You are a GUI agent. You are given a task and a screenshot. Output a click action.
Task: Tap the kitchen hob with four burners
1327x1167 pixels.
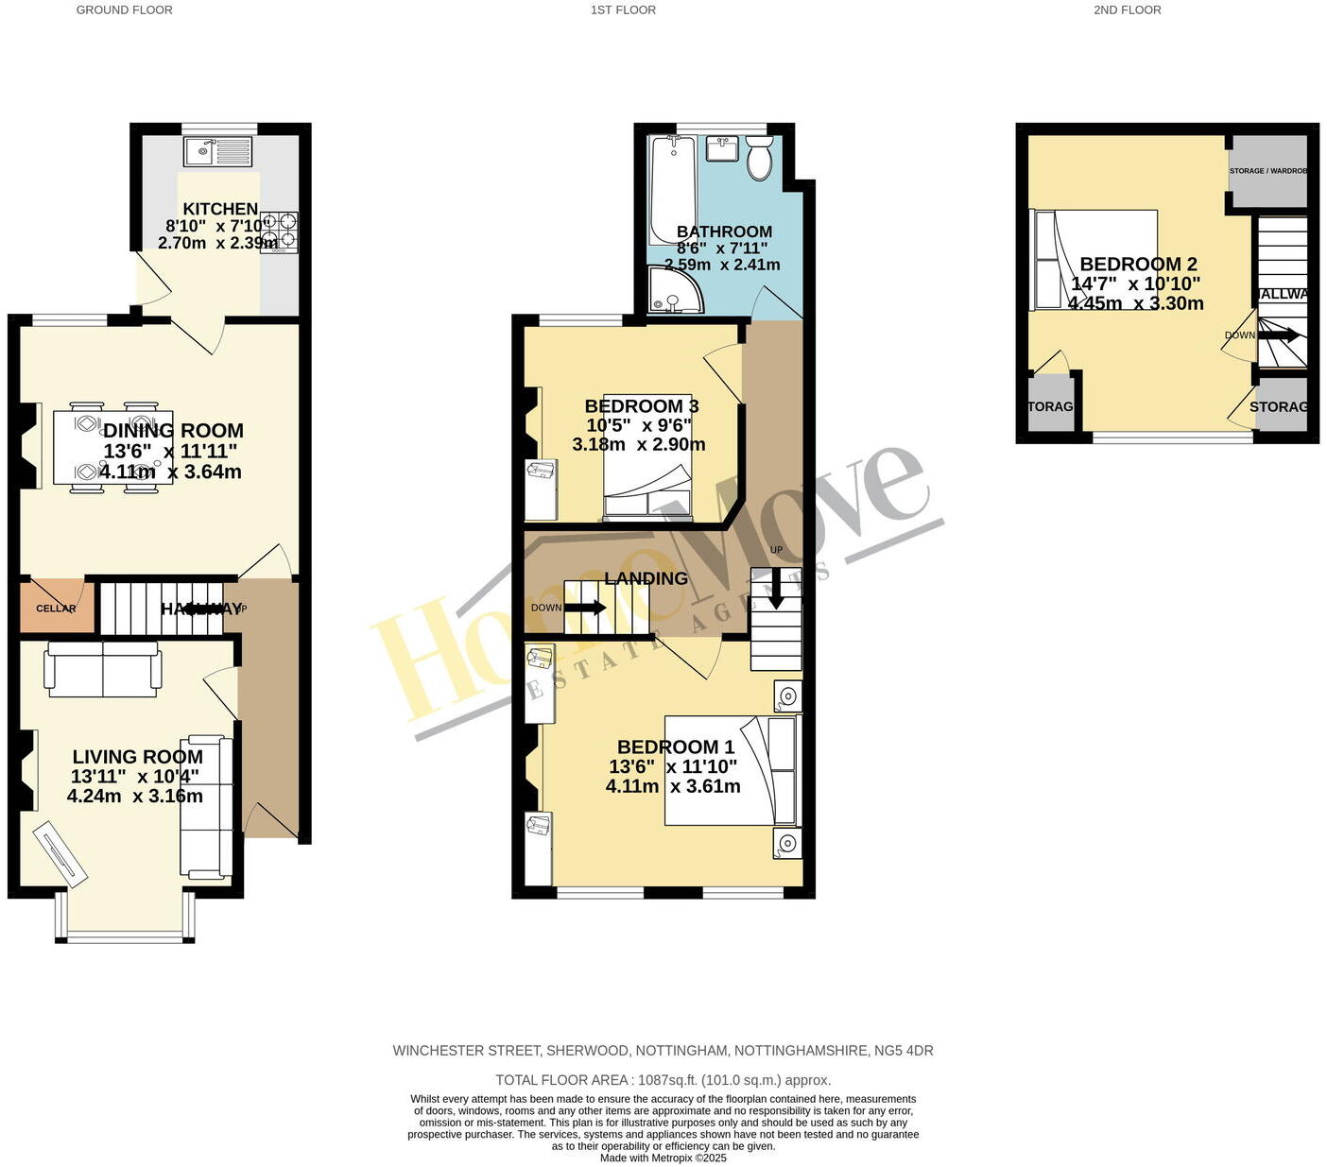[x=279, y=232]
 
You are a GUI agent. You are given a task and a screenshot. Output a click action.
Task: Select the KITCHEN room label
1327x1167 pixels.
[x=220, y=209]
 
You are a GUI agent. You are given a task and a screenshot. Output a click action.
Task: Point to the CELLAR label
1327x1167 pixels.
[x=56, y=609]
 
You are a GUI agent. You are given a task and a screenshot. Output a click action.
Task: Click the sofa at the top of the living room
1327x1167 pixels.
[x=102, y=669]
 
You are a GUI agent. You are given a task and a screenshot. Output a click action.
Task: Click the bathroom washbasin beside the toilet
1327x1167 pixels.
[x=723, y=148]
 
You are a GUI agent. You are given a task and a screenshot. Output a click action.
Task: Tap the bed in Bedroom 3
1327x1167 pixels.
[x=648, y=458]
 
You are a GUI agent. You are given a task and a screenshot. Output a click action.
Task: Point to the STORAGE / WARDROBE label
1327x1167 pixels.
[x=1267, y=171]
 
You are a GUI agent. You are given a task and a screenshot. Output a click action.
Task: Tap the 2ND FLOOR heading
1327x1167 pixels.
[x=1127, y=10]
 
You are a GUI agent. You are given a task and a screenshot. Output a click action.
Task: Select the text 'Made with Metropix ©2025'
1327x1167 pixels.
[x=663, y=1158]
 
